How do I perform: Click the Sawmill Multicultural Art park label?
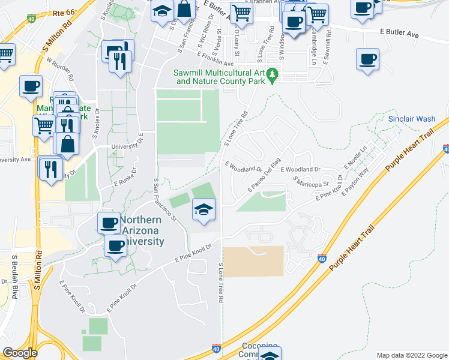pyautogui.click(x=220, y=76)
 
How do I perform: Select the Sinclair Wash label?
pyautogui.click(x=411, y=119)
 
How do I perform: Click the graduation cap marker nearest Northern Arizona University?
pyautogui.click(x=203, y=210)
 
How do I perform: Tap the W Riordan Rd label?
pyautogui.click(x=59, y=70)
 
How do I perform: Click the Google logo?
pyautogui.click(x=20, y=353)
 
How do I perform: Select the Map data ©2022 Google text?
pyautogui.click(x=411, y=355)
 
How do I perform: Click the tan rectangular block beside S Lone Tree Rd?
pyautogui.click(x=253, y=261)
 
